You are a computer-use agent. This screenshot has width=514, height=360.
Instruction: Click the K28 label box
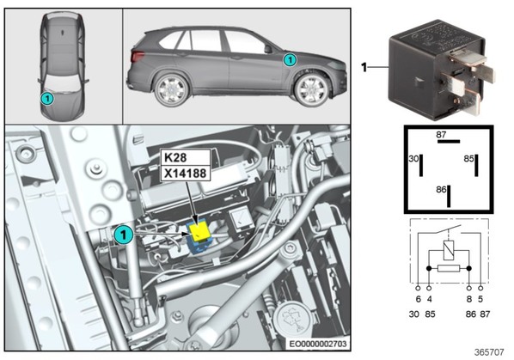185,157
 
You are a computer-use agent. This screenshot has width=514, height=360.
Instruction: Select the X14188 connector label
185,174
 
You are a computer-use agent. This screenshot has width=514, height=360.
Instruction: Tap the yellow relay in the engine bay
200,232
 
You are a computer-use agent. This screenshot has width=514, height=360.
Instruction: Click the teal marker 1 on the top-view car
47,98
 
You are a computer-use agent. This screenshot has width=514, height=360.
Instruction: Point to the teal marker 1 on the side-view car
290,60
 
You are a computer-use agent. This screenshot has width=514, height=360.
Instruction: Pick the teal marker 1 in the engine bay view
124,235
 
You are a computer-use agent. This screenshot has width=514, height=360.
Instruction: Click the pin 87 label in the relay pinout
441,134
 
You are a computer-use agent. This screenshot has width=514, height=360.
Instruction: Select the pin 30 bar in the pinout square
421,166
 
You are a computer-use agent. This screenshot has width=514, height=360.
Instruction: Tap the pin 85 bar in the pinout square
476,166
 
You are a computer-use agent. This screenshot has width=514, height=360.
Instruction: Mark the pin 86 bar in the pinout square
449,196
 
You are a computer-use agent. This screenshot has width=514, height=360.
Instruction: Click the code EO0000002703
318,344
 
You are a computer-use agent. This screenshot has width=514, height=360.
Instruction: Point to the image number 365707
489,352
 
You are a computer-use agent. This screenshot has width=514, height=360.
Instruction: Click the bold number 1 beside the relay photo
364,68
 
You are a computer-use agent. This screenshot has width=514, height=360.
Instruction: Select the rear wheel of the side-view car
171,89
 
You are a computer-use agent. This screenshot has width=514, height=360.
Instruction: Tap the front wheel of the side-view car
311,90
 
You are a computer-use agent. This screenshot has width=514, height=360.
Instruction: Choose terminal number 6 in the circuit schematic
418,299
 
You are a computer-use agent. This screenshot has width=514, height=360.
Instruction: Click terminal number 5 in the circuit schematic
480,299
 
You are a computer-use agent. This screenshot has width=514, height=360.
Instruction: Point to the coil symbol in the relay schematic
449,250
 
